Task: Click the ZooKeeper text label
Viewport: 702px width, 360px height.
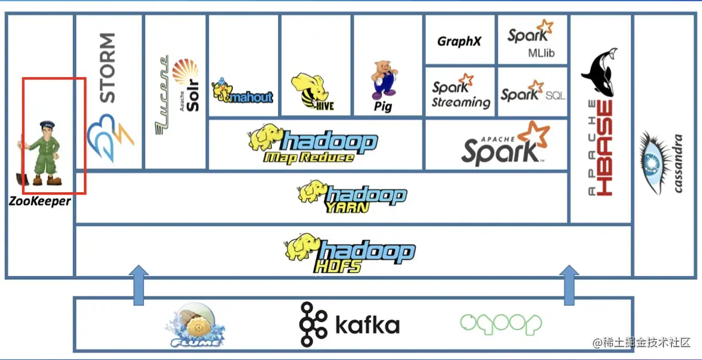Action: tap(39, 201)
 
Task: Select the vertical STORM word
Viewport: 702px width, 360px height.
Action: tap(107, 68)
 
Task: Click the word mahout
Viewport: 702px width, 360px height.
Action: tap(252, 97)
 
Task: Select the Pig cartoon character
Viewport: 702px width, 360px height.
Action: tap(382, 80)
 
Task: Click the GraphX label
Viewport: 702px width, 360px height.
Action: tap(459, 42)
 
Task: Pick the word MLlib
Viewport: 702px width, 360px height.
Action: tap(541, 53)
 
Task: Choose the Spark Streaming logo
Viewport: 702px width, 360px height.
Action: tap(461, 94)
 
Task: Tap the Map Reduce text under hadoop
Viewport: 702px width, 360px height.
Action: tap(309, 157)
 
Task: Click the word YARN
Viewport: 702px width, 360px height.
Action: tap(347, 207)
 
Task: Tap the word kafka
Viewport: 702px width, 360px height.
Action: tap(367, 325)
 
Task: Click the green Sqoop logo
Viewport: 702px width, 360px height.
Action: tap(501, 323)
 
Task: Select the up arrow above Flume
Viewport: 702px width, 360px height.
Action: tap(140, 285)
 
